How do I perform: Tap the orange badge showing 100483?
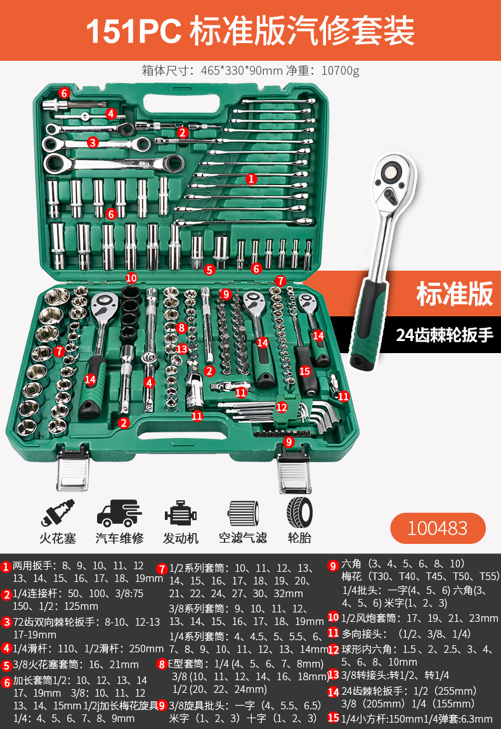438,528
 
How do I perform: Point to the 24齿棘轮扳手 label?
445,335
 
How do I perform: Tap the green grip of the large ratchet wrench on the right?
372,323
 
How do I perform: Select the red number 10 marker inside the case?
131,278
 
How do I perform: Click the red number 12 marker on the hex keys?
281,408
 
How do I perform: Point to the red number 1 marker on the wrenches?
251,179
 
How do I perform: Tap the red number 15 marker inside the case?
304,371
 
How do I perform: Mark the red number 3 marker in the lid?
93,143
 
